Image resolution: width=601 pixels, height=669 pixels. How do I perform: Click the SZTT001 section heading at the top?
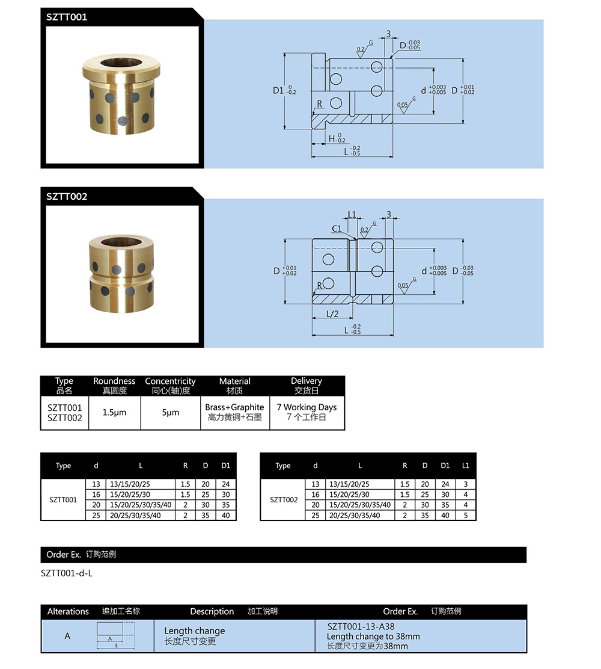(x=67, y=17)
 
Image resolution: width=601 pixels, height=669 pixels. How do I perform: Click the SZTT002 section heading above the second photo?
(x=67, y=196)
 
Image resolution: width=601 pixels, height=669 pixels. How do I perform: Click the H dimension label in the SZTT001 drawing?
(x=332, y=138)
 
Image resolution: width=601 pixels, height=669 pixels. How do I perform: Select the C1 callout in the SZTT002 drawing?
(x=337, y=229)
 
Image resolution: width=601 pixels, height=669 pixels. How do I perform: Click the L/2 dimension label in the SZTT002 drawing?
(x=332, y=314)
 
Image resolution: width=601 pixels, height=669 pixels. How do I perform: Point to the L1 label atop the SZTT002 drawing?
(x=352, y=214)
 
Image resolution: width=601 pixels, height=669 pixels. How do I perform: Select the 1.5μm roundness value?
(x=114, y=413)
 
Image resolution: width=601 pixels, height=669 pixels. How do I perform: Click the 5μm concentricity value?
(x=170, y=413)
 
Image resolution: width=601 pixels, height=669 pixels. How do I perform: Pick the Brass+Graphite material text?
(x=234, y=407)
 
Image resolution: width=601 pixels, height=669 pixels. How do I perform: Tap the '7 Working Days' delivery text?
(x=307, y=407)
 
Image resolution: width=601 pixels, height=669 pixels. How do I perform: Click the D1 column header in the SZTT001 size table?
(x=225, y=466)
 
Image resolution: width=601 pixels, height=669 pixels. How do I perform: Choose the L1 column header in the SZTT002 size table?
(x=465, y=466)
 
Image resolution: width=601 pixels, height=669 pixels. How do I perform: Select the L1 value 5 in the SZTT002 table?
(x=465, y=516)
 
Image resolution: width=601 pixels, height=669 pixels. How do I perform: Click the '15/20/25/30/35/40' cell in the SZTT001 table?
(x=141, y=505)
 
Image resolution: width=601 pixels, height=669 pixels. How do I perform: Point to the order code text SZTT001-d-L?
(x=67, y=573)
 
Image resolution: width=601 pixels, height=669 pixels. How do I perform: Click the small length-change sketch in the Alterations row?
(x=115, y=636)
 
